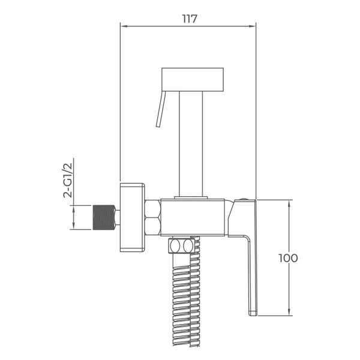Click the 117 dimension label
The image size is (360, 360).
[190, 19]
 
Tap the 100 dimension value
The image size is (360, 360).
[288, 258]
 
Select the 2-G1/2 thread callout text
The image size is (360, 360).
[68, 180]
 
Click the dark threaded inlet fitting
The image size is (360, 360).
[104, 217]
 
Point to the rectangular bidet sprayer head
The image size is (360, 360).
[193, 79]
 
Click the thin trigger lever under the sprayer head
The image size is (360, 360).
[160, 109]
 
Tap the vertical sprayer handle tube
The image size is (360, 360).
[191, 144]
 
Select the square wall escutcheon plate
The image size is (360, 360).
[132, 217]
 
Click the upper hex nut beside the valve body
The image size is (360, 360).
[153, 208]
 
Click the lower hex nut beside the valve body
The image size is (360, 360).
[153, 226]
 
